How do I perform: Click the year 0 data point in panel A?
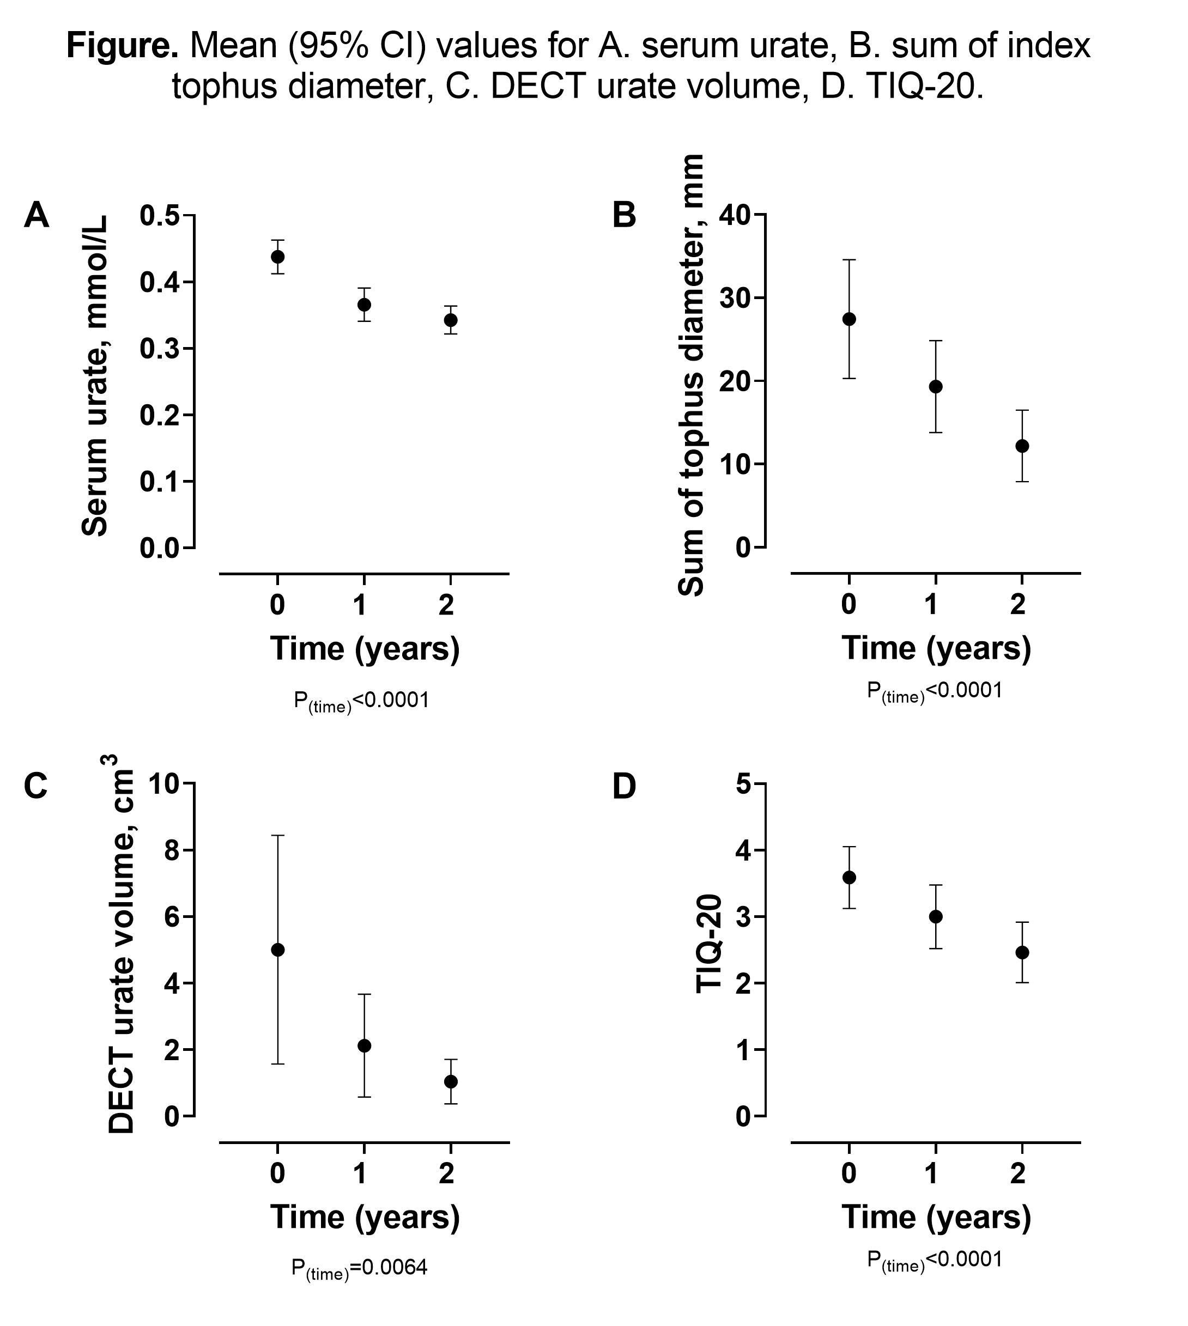tap(277, 257)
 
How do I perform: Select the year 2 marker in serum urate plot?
tap(450, 320)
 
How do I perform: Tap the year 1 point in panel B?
tap(935, 387)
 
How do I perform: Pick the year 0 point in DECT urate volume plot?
tap(277, 950)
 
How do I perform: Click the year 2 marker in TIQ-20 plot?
tap(1022, 953)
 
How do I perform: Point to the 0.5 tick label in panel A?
tap(159, 216)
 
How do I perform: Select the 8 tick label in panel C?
tap(171, 851)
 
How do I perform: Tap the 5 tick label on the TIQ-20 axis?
tap(743, 784)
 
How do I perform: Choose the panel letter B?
tap(624, 215)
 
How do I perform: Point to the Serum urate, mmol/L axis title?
tap(95, 376)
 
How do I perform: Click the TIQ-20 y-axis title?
tap(709, 944)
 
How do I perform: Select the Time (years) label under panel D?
tap(936, 1217)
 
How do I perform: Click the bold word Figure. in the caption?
tap(122, 46)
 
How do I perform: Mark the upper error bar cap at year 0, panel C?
tap(277, 835)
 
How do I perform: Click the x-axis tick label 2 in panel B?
tap(1017, 605)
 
